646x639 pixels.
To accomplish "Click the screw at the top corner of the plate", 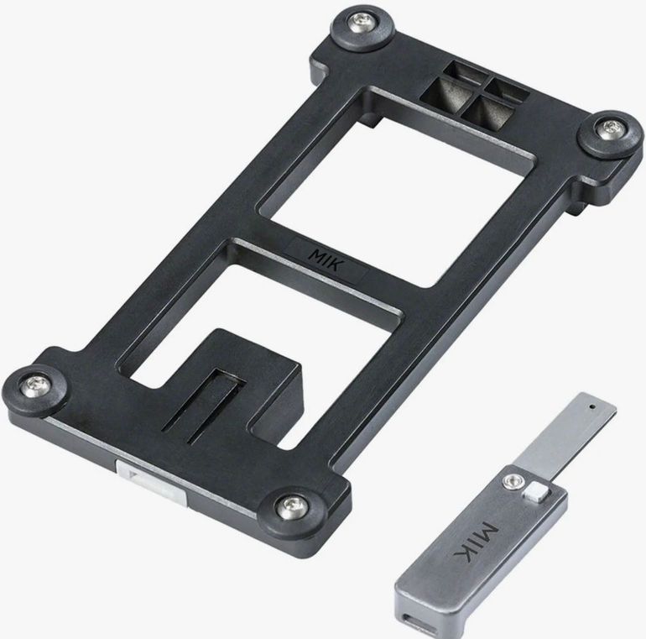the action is pos(362,23).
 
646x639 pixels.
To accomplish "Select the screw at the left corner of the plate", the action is pos(35,386).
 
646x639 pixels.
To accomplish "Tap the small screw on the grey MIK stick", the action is pos(513,480).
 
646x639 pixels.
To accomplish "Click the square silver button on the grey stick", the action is pos(536,493).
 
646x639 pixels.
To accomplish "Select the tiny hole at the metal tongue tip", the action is pos(592,406).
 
